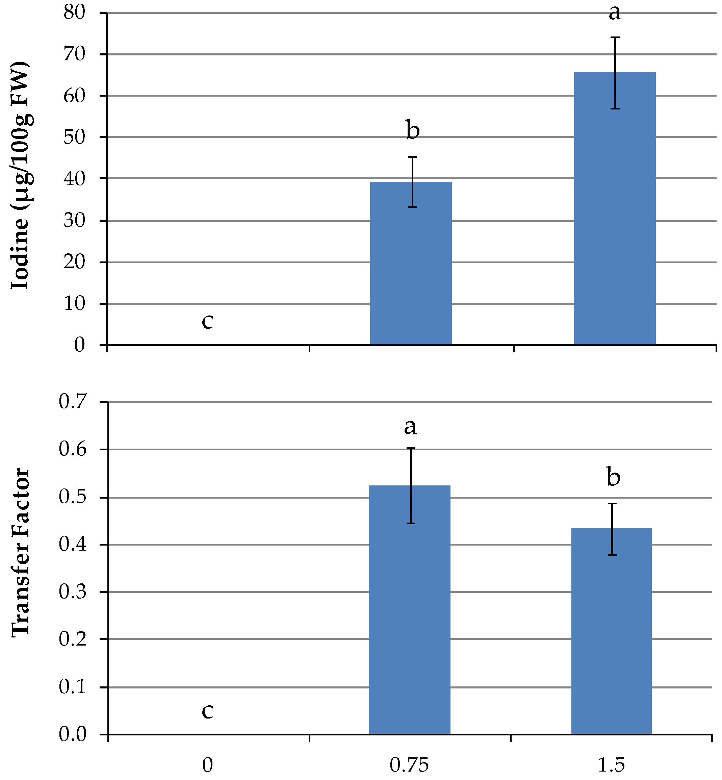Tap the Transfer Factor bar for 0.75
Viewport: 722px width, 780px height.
[409, 610]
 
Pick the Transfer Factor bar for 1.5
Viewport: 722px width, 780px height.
[612, 631]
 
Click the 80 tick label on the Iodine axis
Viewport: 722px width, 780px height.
[74, 12]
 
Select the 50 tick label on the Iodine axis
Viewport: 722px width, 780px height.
[74, 137]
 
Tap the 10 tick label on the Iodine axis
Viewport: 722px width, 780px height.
[74, 304]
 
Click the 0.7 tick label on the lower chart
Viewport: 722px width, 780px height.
[73, 402]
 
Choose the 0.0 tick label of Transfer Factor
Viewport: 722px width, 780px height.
[73, 734]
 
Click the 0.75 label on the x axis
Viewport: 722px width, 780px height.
[409, 765]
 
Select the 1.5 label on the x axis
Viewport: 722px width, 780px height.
[612, 765]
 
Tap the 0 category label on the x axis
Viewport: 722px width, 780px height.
[208, 765]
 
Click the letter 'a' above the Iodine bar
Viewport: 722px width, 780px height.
[615, 13]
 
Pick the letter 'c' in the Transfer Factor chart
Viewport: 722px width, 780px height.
[207, 711]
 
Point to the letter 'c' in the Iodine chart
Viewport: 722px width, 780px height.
[207, 322]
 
